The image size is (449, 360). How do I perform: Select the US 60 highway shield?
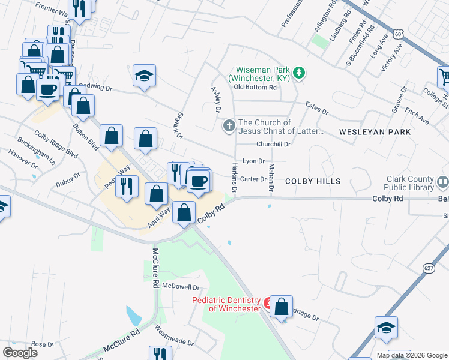coord(398,34)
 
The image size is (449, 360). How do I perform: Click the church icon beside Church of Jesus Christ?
coord(229,126)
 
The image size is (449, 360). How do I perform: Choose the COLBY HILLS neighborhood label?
coord(313,181)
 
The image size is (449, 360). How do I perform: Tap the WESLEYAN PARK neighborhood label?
coord(375,131)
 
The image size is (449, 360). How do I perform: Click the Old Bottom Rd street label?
coord(255,87)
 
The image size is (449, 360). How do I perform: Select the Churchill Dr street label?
coord(273,144)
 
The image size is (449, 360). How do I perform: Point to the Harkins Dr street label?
coord(235,177)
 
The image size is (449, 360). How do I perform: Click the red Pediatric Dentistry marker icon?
coord(268,304)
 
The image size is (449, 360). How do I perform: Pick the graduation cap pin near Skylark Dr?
coord(144,76)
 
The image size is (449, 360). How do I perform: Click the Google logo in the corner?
coord(19,353)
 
